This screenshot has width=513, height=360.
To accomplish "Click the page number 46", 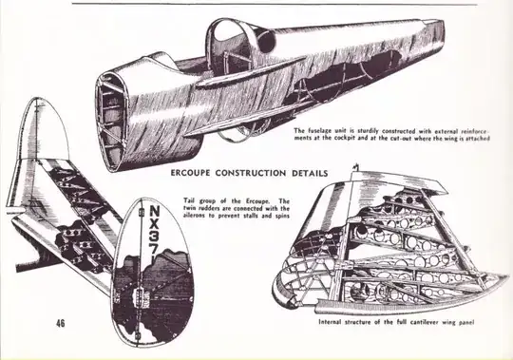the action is click(61, 323).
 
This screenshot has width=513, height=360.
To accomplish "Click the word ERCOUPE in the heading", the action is click(190, 173).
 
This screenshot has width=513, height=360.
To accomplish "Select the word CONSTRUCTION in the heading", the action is click(250, 173).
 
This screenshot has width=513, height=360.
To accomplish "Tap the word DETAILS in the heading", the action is click(310, 173).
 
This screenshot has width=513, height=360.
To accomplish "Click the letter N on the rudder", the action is click(155, 211).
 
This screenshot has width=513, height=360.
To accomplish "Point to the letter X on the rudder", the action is click(155, 225).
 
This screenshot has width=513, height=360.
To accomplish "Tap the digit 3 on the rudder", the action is click(155, 239).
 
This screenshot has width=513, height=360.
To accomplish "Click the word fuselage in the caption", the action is click(319, 131).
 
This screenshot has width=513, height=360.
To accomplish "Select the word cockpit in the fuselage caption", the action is click(345, 138).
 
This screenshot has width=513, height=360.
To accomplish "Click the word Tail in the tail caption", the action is click(189, 200).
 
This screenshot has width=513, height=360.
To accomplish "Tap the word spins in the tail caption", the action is click(282, 216).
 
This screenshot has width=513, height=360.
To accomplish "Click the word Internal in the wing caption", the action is click(330, 322).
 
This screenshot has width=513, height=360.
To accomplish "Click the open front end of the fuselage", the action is click(110, 121).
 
